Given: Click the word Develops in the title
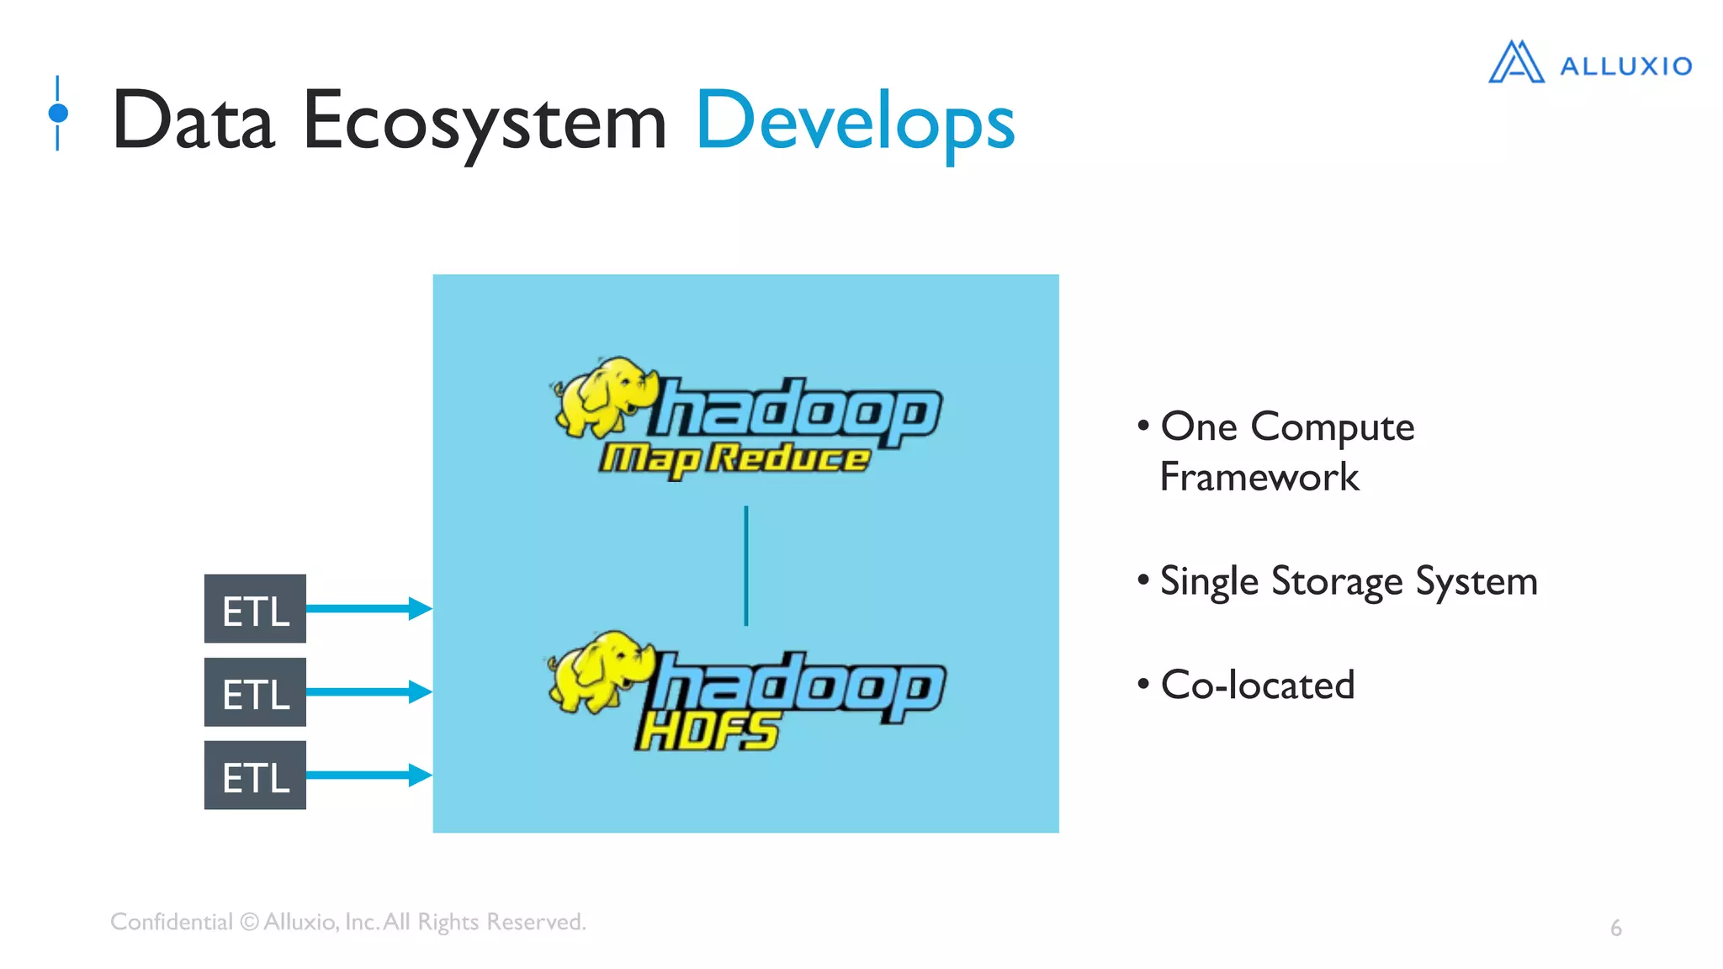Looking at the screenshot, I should (x=855, y=123).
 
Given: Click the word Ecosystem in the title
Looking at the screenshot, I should (x=484, y=123).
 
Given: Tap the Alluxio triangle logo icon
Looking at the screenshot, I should (x=1516, y=63).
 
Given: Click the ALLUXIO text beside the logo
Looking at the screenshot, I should (x=1625, y=66).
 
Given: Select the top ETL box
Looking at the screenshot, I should (x=255, y=609).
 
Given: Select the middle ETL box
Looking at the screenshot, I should (x=255, y=692).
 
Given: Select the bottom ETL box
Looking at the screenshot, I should (x=255, y=776).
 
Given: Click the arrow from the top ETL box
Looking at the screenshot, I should (x=368, y=608).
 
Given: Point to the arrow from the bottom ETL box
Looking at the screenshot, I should (x=368, y=775).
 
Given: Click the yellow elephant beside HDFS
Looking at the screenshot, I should (x=597, y=670).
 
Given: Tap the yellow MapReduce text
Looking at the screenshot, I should (x=734, y=459).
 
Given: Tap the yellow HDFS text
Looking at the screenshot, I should (x=707, y=730).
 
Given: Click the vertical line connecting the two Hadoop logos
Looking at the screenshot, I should (x=745, y=565).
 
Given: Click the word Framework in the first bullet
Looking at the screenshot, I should (x=1259, y=478).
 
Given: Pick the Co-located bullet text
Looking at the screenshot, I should (x=1257, y=685).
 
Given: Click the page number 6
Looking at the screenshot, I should (x=1615, y=928).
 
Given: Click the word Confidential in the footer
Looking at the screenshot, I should (x=171, y=922).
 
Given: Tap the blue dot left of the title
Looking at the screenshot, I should (x=58, y=113).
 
